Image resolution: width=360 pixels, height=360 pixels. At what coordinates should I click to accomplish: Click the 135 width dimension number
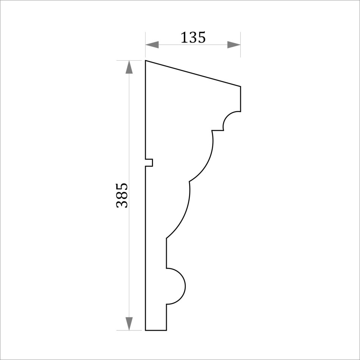coord(193,38)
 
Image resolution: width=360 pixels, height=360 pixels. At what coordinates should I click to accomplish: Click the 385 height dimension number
coord(122,196)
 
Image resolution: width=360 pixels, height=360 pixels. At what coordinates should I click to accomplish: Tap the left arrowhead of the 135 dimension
coord(152,45)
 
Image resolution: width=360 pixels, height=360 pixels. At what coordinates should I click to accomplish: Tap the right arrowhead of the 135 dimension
coord(234,45)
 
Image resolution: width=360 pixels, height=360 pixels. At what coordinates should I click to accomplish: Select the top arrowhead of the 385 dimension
coord(129,67)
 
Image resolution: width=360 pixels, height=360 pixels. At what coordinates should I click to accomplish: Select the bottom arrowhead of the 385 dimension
coord(129,324)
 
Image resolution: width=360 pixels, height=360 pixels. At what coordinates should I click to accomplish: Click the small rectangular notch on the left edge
coord(149,163)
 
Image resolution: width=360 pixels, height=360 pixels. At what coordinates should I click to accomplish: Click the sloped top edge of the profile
coord(193,74)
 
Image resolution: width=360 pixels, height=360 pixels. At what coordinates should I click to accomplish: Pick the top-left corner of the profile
coord(146,61)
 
